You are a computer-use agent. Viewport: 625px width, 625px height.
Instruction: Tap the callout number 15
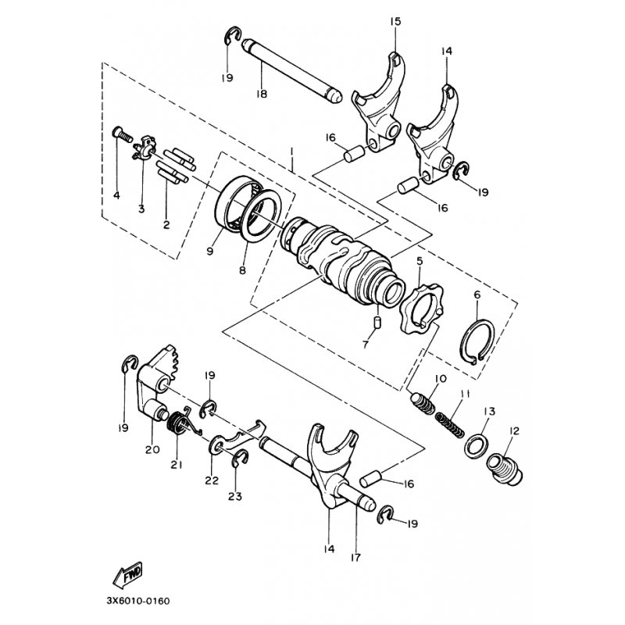point(395,21)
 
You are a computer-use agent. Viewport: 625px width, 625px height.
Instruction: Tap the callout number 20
point(152,449)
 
